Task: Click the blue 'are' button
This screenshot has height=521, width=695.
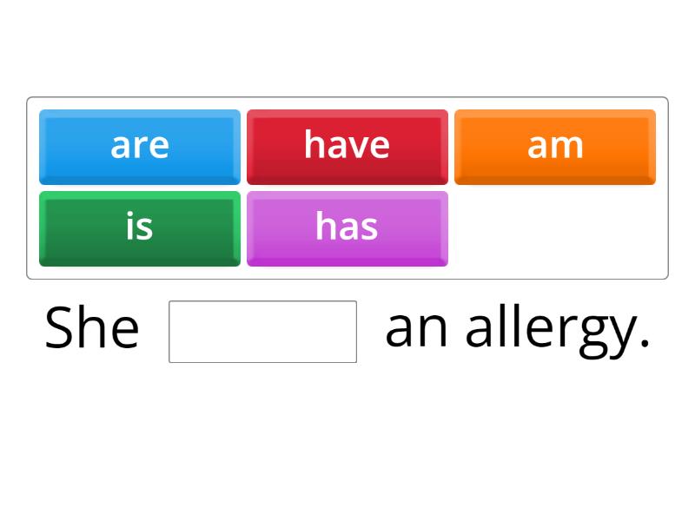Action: tap(139, 146)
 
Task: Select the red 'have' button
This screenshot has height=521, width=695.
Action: tap(347, 146)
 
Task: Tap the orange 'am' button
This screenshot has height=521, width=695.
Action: tap(554, 146)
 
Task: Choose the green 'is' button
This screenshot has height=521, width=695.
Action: tap(139, 228)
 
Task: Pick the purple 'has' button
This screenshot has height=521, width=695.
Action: tap(347, 228)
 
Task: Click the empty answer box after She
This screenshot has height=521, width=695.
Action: tap(262, 331)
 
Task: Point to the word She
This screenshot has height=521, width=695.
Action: tap(91, 329)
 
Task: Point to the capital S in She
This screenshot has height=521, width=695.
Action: tap(60, 329)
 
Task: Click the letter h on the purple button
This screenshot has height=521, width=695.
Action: tap(325, 227)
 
